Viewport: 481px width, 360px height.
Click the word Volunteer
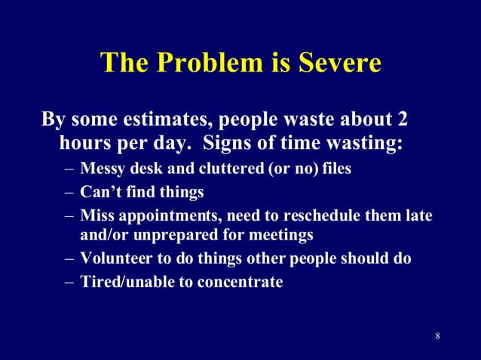tap(117, 259)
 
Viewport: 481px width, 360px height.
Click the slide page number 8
tap(437, 335)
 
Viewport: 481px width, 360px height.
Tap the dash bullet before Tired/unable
tap(69, 282)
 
